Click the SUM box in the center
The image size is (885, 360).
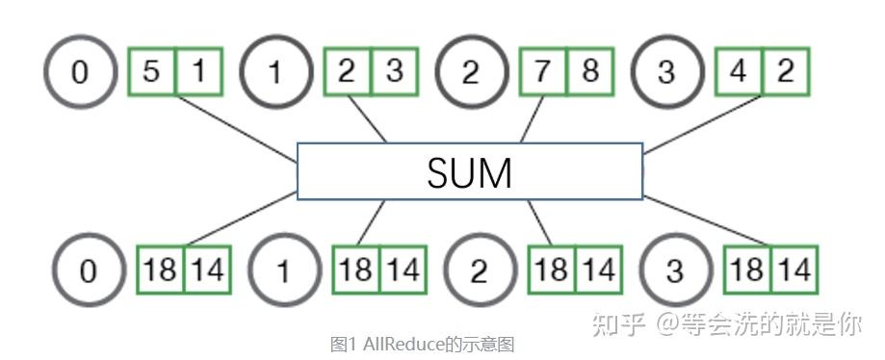(x=469, y=171)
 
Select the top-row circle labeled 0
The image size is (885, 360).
(x=80, y=72)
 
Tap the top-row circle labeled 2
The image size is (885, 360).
(x=470, y=72)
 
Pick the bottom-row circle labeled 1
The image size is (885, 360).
(x=283, y=270)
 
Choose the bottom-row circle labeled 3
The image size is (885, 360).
(x=674, y=270)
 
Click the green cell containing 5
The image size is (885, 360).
(x=152, y=72)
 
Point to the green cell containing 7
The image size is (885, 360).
(x=542, y=72)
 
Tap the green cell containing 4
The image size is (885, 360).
(x=738, y=72)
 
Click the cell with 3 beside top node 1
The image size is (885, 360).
(x=394, y=72)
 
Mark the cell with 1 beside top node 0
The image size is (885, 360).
(x=199, y=72)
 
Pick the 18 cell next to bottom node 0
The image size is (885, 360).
(x=161, y=270)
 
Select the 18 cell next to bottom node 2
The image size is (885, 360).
(x=552, y=270)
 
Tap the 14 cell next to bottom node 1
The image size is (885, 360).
(x=403, y=270)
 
